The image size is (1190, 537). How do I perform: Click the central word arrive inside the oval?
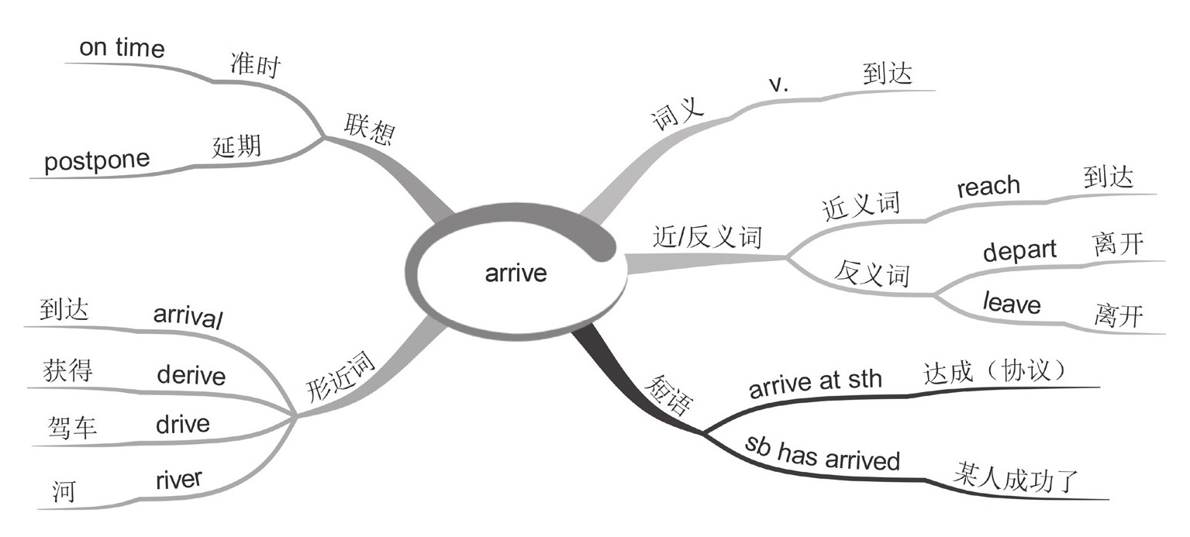[x=516, y=274]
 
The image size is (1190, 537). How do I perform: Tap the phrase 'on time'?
[x=122, y=48]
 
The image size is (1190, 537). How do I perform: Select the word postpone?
[x=97, y=162]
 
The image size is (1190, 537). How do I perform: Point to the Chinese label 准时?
[x=254, y=66]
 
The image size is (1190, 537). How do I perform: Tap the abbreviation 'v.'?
[x=778, y=85]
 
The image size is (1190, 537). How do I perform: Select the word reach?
[x=988, y=186]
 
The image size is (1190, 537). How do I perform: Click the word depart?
[x=1019, y=250]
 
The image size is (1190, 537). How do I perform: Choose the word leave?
[x=1012, y=303]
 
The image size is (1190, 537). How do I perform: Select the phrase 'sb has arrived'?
[x=823, y=453]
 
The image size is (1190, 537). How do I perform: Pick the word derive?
[x=191, y=375]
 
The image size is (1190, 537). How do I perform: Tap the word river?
[x=178, y=480]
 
